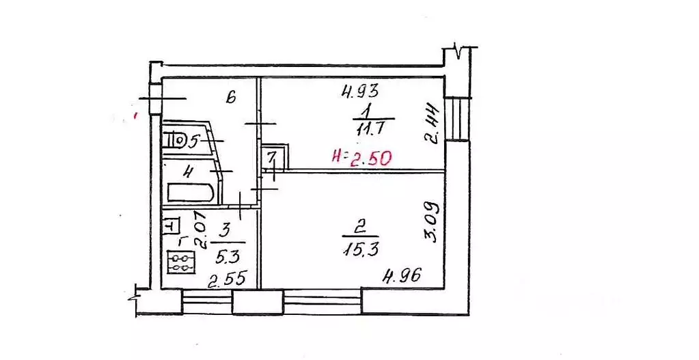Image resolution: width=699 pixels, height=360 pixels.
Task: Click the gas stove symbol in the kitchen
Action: point(181,262)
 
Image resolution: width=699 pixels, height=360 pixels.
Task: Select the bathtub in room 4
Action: point(191,194)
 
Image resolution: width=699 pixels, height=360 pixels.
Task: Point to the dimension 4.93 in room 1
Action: point(360,92)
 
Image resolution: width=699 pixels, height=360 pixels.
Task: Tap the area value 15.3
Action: point(361,249)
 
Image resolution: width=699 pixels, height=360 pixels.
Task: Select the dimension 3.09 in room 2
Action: point(430,222)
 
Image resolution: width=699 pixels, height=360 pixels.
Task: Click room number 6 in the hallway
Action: point(230,97)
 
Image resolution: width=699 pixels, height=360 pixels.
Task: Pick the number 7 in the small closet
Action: point(272,157)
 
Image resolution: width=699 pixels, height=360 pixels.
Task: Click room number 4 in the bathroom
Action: point(189,171)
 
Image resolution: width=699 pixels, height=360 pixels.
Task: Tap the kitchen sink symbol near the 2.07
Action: point(172,225)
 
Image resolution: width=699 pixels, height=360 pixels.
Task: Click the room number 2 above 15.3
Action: point(361,229)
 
